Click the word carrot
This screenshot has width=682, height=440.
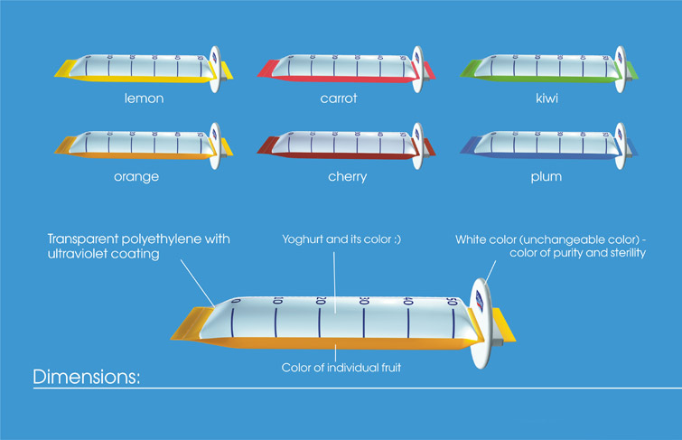[x=339, y=98]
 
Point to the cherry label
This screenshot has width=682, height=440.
[x=347, y=176]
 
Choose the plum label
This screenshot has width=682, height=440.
[x=546, y=176]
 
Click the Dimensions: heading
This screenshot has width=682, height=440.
[x=87, y=377]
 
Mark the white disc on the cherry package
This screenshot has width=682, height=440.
[x=416, y=145]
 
